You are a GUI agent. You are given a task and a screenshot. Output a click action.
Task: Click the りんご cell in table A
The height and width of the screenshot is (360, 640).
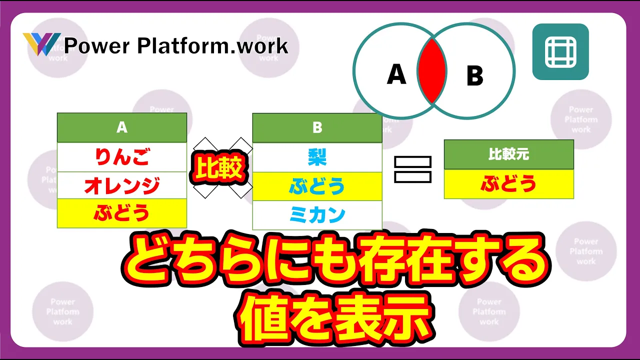coord(122,157)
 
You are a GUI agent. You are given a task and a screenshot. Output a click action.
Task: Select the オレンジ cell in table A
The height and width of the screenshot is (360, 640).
coord(122,185)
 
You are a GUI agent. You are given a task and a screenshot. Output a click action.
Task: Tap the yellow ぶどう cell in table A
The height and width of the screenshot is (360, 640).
coord(122,213)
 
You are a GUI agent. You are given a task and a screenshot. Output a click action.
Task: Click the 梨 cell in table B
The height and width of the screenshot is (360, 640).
coord(317,157)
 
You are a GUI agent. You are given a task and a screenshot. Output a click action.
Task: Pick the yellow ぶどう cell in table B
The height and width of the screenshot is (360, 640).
coord(317,186)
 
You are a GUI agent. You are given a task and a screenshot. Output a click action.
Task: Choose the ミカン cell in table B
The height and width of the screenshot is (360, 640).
coord(317,215)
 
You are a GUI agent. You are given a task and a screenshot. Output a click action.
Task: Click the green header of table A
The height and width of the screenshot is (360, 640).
coord(122,127)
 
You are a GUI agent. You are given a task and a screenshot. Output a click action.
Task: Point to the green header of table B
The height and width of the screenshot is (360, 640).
coord(317,127)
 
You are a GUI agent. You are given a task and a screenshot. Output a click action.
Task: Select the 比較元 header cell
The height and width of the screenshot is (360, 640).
coord(509,154)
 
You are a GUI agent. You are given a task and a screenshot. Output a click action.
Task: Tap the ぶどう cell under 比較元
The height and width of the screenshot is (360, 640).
coord(509,183)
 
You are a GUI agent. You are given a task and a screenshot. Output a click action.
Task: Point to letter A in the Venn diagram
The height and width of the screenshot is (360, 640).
coord(396,74)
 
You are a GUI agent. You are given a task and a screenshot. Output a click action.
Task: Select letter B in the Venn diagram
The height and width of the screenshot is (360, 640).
coord(475,75)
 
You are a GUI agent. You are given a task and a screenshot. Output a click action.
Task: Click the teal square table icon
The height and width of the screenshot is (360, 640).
coord(560,51)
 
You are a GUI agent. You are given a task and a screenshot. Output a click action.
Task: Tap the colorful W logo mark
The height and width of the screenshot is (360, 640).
coord(41,44)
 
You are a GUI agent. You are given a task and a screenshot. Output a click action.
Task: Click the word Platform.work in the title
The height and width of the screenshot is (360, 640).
coord(213,46)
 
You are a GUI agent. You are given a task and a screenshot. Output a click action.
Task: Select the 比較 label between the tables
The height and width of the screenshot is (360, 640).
coord(219,167)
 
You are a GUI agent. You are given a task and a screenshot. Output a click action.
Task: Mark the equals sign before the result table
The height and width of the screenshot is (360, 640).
coord(412,169)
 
